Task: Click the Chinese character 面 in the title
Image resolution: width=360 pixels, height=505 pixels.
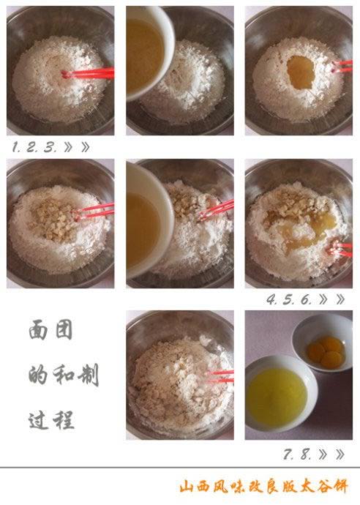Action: (x=38, y=329)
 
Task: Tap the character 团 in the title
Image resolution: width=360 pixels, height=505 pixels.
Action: (x=64, y=329)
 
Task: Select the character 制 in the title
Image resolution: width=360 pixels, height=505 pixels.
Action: (x=88, y=375)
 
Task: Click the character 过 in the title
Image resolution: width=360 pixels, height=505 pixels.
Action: (x=38, y=420)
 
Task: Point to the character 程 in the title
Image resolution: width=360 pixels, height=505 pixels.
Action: (x=64, y=420)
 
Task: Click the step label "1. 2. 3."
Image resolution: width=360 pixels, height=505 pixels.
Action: (x=35, y=148)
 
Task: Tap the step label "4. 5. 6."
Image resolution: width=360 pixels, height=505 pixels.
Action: (x=289, y=300)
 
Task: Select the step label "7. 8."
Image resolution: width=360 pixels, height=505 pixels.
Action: (x=297, y=454)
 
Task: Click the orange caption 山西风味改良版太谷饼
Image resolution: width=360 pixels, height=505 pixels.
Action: (x=263, y=487)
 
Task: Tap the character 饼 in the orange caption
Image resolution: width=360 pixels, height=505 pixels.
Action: (x=340, y=487)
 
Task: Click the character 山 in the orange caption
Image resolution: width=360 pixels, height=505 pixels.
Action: (x=187, y=487)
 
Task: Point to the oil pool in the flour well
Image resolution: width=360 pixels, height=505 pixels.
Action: (x=301, y=72)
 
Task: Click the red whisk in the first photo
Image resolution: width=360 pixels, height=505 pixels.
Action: (x=88, y=74)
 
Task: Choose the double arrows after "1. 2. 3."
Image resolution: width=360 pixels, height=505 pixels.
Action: (x=77, y=148)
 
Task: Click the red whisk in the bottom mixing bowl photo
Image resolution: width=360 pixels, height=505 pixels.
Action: (x=220, y=376)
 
